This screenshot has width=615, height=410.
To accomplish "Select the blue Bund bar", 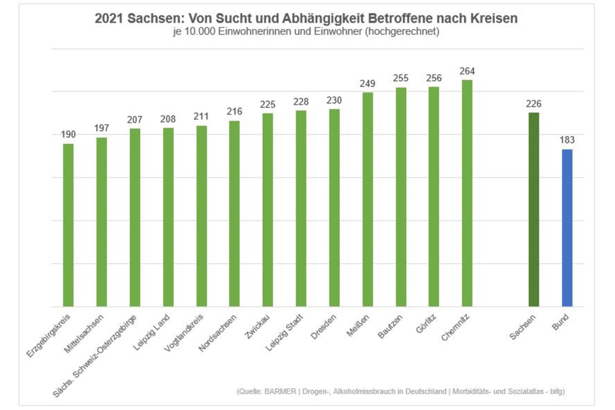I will [567, 228].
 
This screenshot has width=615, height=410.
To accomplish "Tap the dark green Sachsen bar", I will [534, 209].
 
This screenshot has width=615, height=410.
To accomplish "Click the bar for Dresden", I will [335, 208].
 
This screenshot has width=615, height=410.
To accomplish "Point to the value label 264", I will [467, 71].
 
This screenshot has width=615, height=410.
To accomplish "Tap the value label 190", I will [68, 135].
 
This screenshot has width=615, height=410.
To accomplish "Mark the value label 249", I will [367, 84].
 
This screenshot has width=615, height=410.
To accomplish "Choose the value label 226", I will [533, 104].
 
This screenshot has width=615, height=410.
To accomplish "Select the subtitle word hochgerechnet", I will [408, 32].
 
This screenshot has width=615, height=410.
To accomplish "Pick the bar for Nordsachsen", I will [235, 213].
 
